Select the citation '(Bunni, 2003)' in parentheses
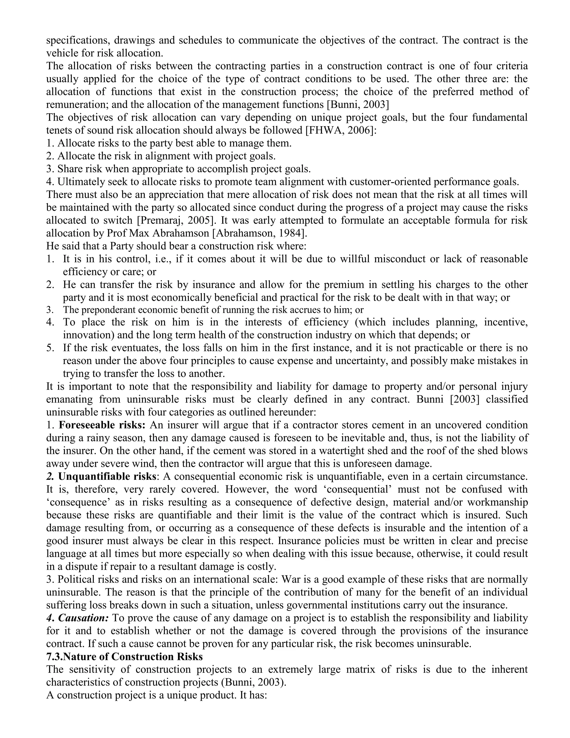[253, 682]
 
